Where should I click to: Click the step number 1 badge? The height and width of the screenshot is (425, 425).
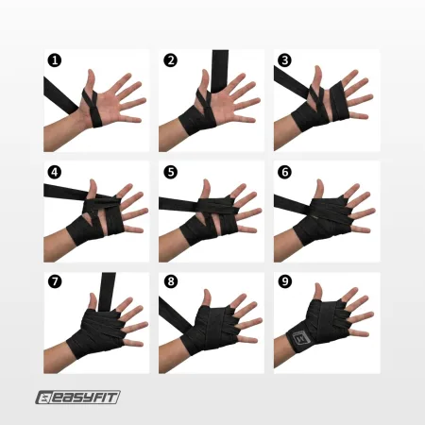56,60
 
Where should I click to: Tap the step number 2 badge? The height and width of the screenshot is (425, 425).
171,60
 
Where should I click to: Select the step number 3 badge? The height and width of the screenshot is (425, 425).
284,60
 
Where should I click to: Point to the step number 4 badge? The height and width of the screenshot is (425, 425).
56,173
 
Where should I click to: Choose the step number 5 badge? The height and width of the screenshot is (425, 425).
171,173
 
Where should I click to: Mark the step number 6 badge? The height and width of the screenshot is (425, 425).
284,173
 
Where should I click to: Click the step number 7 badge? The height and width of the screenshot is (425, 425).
56,282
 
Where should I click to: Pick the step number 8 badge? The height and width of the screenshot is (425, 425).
171,282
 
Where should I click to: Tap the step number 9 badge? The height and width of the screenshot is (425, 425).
284,282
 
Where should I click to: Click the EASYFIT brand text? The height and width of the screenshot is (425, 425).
88,398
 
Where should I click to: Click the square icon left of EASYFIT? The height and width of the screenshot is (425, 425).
46,398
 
